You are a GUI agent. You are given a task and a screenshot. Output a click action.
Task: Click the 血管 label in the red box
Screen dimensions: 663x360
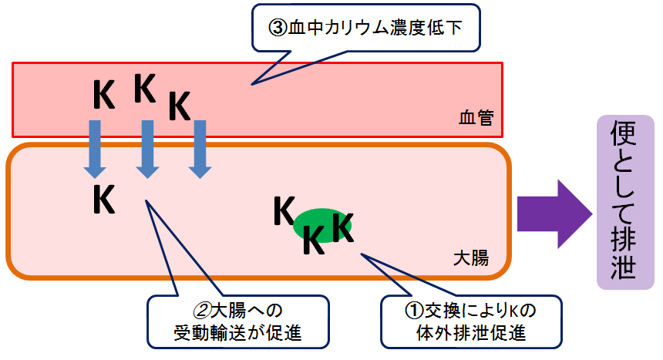[x=476, y=118]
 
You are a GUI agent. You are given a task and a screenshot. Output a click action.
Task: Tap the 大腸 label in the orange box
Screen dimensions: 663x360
[x=471, y=257]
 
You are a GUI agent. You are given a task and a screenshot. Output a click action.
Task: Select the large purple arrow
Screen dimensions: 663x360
[x=555, y=214]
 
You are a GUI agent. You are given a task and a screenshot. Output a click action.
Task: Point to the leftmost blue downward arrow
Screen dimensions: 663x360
[x=95, y=150]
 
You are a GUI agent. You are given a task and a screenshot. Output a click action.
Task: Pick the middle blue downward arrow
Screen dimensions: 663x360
[x=147, y=150]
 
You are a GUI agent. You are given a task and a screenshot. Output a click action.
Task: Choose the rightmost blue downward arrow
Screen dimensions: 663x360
[x=200, y=150]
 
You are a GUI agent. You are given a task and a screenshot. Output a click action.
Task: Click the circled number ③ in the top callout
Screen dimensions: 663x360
[x=278, y=29]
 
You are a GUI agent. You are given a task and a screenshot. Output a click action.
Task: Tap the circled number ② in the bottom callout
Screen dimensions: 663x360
[x=202, y=311]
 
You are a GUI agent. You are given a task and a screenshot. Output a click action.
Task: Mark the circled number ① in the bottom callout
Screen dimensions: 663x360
[x=415, y=311]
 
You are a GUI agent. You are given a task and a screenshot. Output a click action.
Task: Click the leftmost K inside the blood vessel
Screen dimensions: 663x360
[x=103, y=95]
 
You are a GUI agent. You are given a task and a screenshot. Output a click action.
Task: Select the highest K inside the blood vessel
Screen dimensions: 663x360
[x=145, y=89]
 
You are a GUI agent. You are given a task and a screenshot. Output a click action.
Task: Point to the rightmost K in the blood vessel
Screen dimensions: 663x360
[x=180, y=106]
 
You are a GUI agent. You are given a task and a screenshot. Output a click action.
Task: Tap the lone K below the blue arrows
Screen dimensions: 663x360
[x=103, y=199]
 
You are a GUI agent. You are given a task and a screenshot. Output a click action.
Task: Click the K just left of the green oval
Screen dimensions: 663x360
[x=284, y=210]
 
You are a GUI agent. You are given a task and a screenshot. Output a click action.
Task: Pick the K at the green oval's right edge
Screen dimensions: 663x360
[x=342, y=227]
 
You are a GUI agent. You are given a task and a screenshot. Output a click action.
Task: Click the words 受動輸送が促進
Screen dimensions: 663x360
[x=237, y=333]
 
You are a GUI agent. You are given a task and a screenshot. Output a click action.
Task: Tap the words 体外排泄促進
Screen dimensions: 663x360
[x=471, y=333]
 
